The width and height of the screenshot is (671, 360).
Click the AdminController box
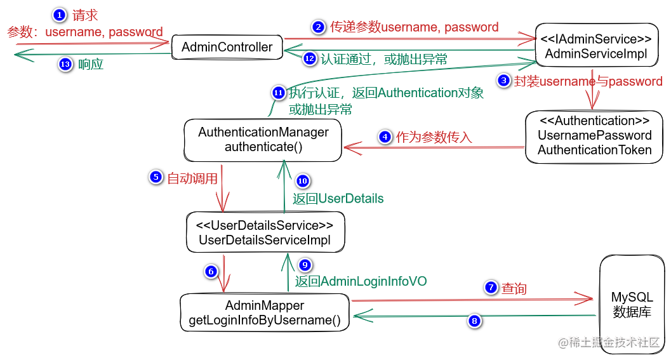(x=227, y=47)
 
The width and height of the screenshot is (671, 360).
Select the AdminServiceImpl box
(x=597, y=45)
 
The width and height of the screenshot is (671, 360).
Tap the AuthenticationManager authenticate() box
(x=263, y=140)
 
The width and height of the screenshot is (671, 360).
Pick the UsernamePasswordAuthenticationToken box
(x=594, y=137)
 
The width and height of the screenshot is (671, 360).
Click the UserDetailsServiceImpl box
(x=265, y=232)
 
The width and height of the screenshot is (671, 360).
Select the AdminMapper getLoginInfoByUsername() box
(x=265, y=312)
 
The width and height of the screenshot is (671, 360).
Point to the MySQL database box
(x=632, y=304)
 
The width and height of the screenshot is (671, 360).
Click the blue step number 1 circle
(x=60, y=15)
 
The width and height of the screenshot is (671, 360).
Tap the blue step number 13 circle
(x=65, y=64)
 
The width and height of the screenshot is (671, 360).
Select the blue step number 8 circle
(x=474, y=321)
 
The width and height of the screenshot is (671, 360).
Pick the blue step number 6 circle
(x=211, y=271)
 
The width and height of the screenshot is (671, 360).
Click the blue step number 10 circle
(x=303, y=181)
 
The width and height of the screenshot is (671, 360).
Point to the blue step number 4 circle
(x=385, y=137)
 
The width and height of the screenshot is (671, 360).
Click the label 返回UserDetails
(x=338, y=199)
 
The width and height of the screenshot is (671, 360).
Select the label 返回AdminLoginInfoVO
(x=361, y=281)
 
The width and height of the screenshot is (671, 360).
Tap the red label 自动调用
(x=192, y=178)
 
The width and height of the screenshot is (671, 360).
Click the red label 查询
(x=514, y=288)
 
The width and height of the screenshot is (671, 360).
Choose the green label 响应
(x=91, y=64)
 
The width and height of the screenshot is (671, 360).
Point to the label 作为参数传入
(x=434, y=137)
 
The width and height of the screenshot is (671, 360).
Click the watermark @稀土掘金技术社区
(x=609, y=342)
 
